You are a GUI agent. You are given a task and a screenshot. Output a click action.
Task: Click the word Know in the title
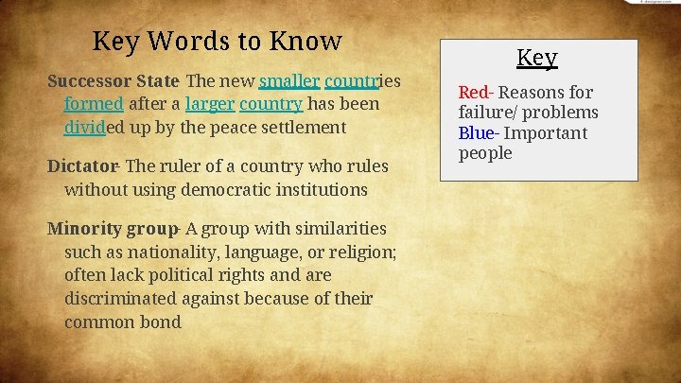pyautogui.click(x=305, y=42)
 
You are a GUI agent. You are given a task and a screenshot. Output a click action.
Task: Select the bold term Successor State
pyautogui.click(x=113, y=80)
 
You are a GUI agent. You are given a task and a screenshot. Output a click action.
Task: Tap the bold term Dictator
pyautogui.click(x=82, y=166)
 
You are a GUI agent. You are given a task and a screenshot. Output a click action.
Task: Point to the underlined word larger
pyautogui.click(x=209, y=104)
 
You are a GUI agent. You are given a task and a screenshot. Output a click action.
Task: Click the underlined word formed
pyautogui.click(x=94, y=104)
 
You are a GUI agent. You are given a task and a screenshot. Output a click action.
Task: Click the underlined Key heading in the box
pyautogui.click(x=536, y=58)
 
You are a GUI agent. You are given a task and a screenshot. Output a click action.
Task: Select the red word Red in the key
pyautogui.click(x=473, y=93)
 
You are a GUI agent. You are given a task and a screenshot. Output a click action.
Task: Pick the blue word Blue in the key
pyautogui.click(x=475, y=133)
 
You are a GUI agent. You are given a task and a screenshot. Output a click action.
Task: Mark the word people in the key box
pyautogui.click(x=485, y=153)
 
